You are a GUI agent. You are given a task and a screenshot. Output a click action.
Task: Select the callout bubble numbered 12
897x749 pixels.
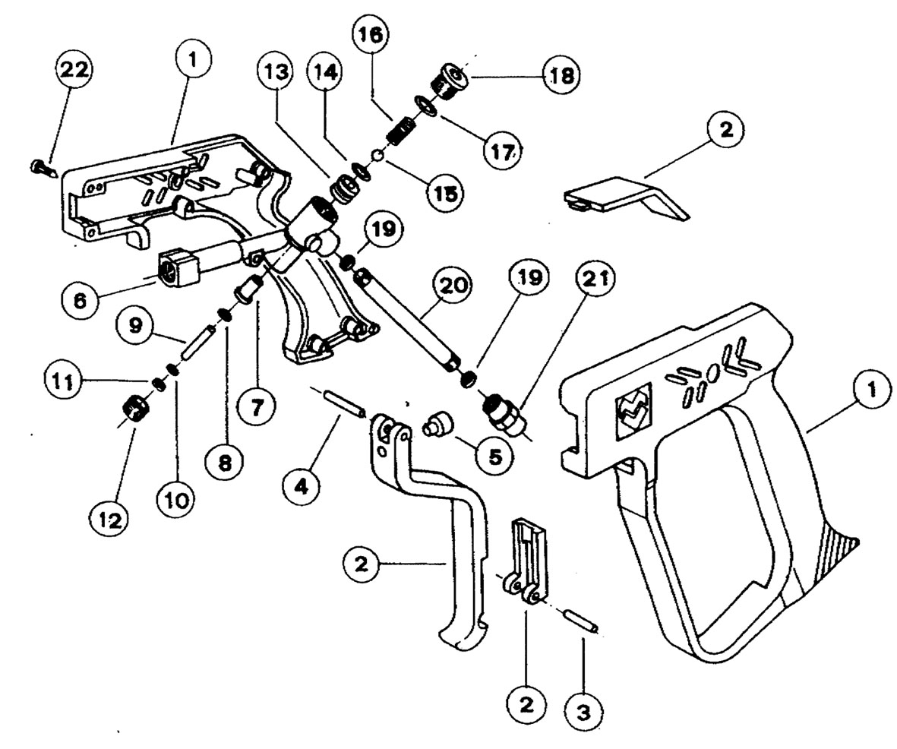[x=109, y=520]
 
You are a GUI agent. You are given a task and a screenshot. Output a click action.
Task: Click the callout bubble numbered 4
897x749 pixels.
[x=302, y=484]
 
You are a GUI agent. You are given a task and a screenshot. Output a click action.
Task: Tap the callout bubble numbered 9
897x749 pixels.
[x=135, y=326]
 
